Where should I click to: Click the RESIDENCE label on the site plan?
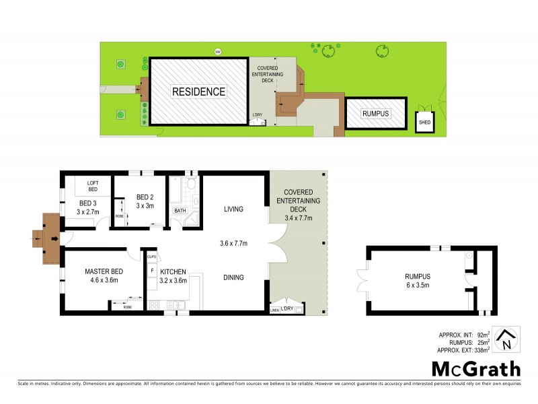(x=198, y=92)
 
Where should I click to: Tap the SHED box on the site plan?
(x=424, y=123)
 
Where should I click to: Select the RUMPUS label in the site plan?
(x=375, y=114)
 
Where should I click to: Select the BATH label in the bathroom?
(x=180, y=211)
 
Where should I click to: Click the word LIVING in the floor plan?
(x=233, y=209)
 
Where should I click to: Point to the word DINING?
(x=233, y=277)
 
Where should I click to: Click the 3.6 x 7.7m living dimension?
(x=233, y=243)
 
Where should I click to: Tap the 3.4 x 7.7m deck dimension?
(x=298, y=217)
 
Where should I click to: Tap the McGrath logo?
(x=475, y=368)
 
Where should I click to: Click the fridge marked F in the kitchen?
(x=153, y=270)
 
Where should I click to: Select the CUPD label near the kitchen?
(x=153, y=256)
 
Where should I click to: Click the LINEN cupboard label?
(x=274, y=310)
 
